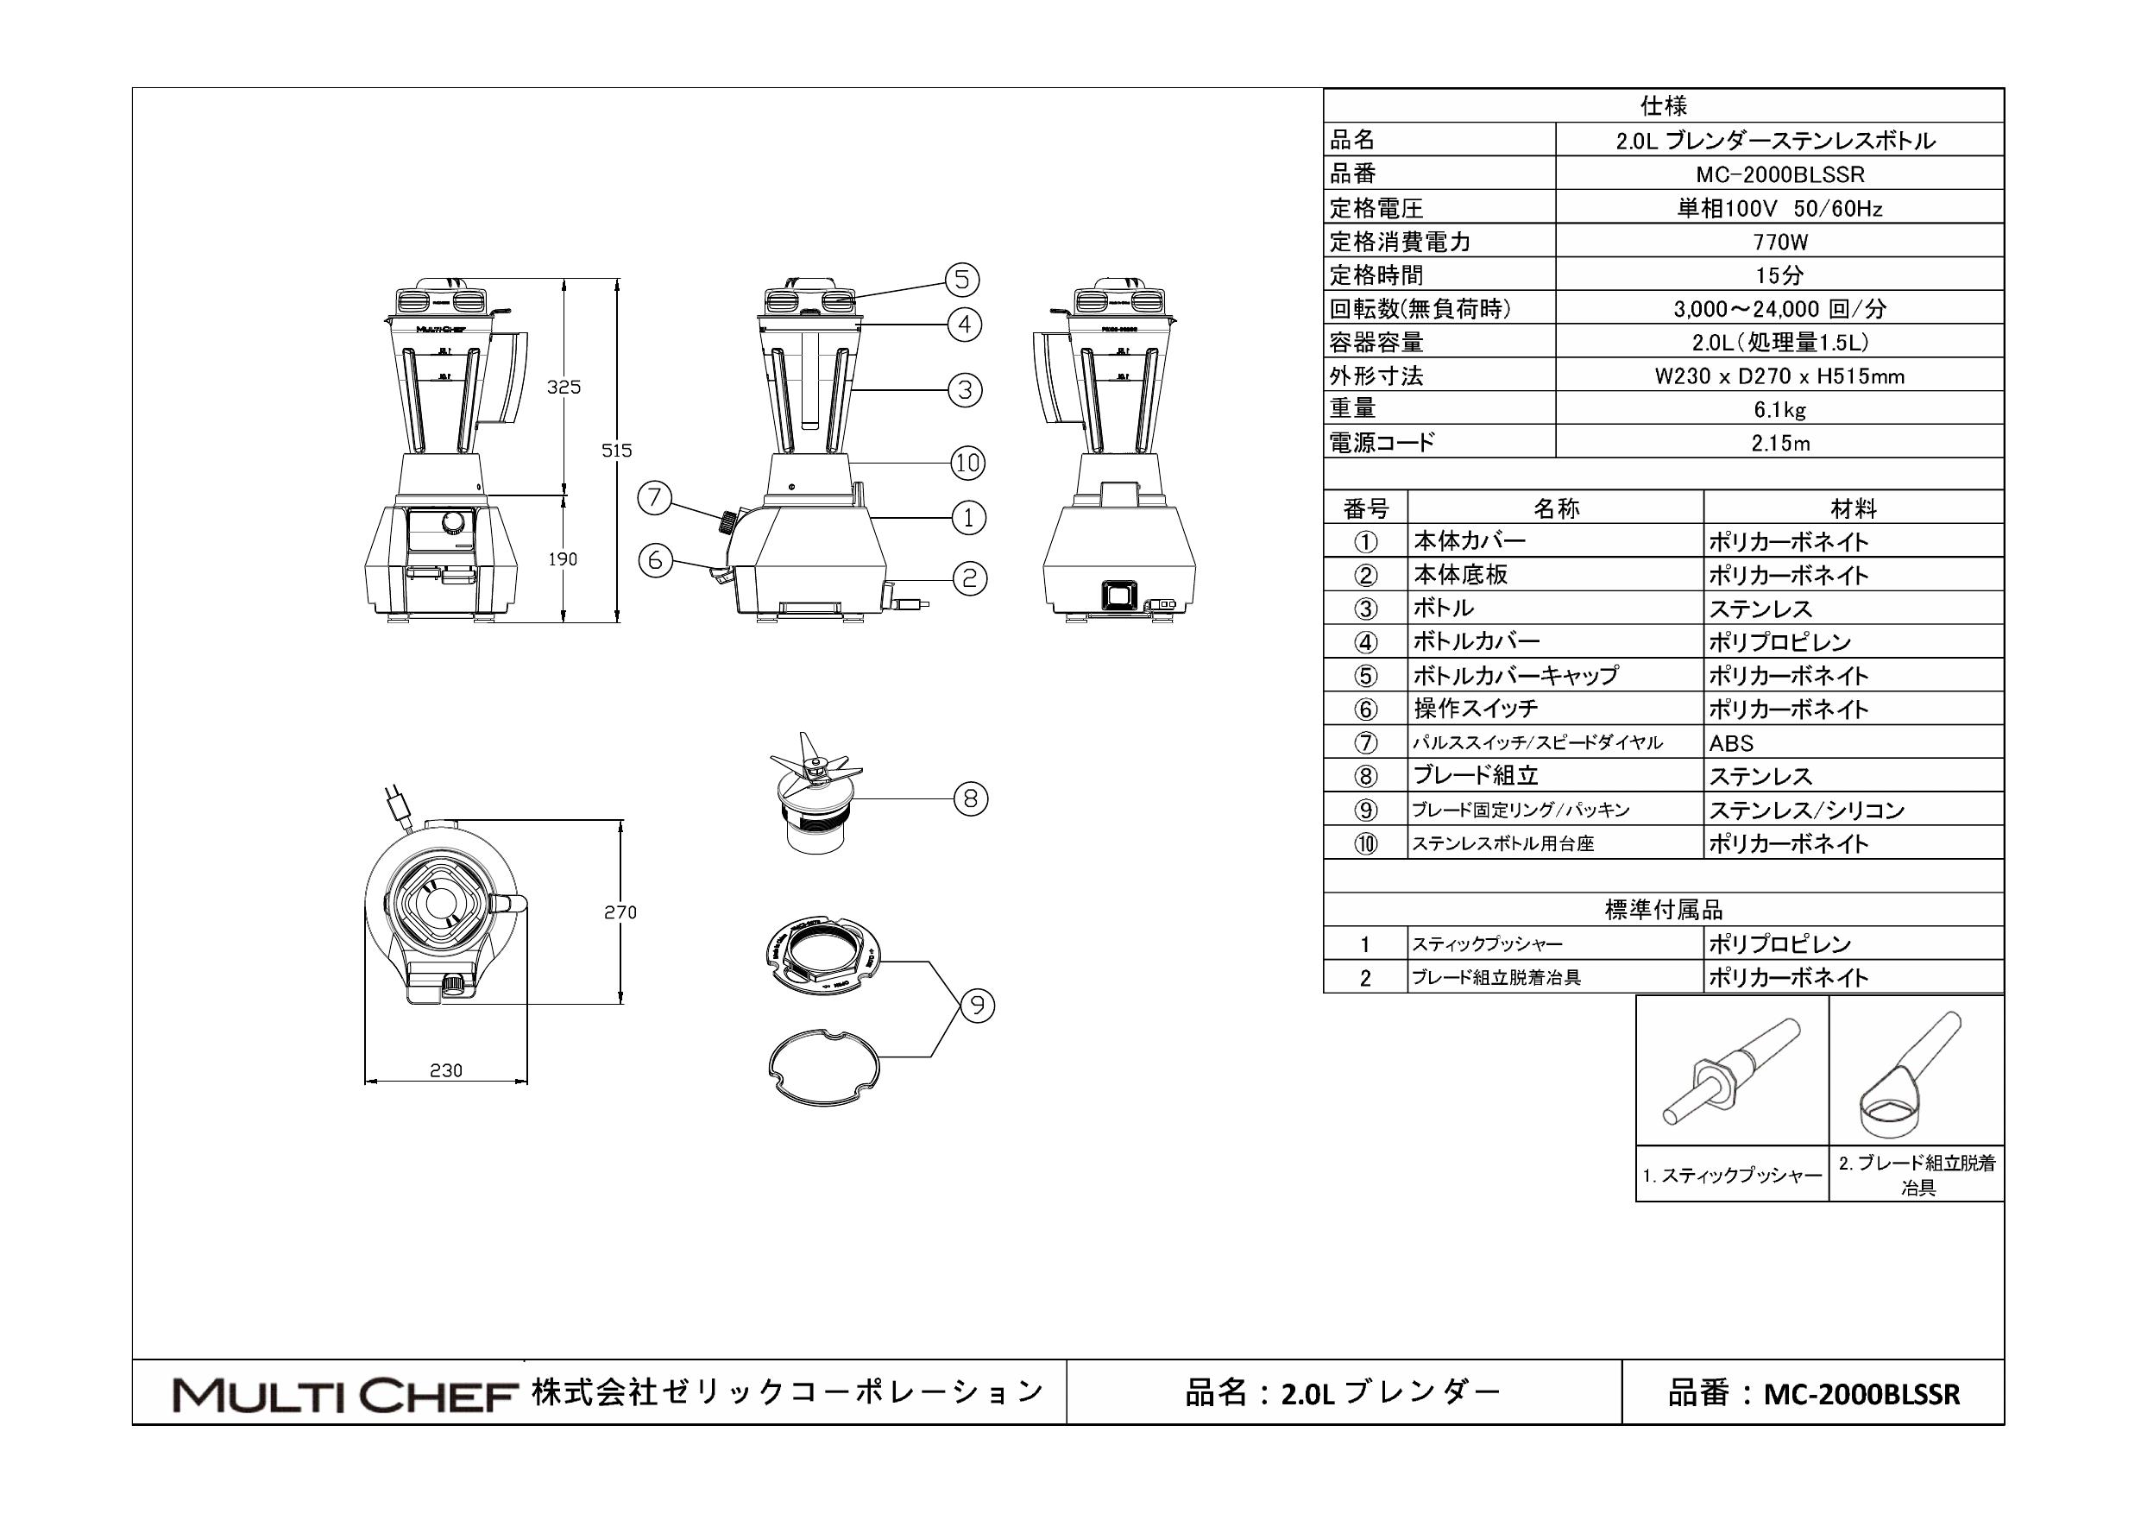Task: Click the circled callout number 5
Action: (962, 279)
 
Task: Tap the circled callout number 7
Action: (655, 497)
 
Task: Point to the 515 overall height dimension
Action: (616, 451)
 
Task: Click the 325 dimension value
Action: (564, 386)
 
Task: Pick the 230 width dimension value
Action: (446, 1070)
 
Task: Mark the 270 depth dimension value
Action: (620, 912)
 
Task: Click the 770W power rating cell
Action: (1779, 242)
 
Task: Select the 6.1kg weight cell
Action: (1779, 408)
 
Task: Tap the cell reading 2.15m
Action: (1779, 443)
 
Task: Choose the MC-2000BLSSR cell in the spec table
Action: (1779, 174)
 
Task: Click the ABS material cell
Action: (1731, 743)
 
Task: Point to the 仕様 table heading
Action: (1664, 105)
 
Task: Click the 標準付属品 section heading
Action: (1664, 910)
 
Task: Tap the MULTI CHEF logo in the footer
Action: (345, 1396)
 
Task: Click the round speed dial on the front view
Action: (453, 521)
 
